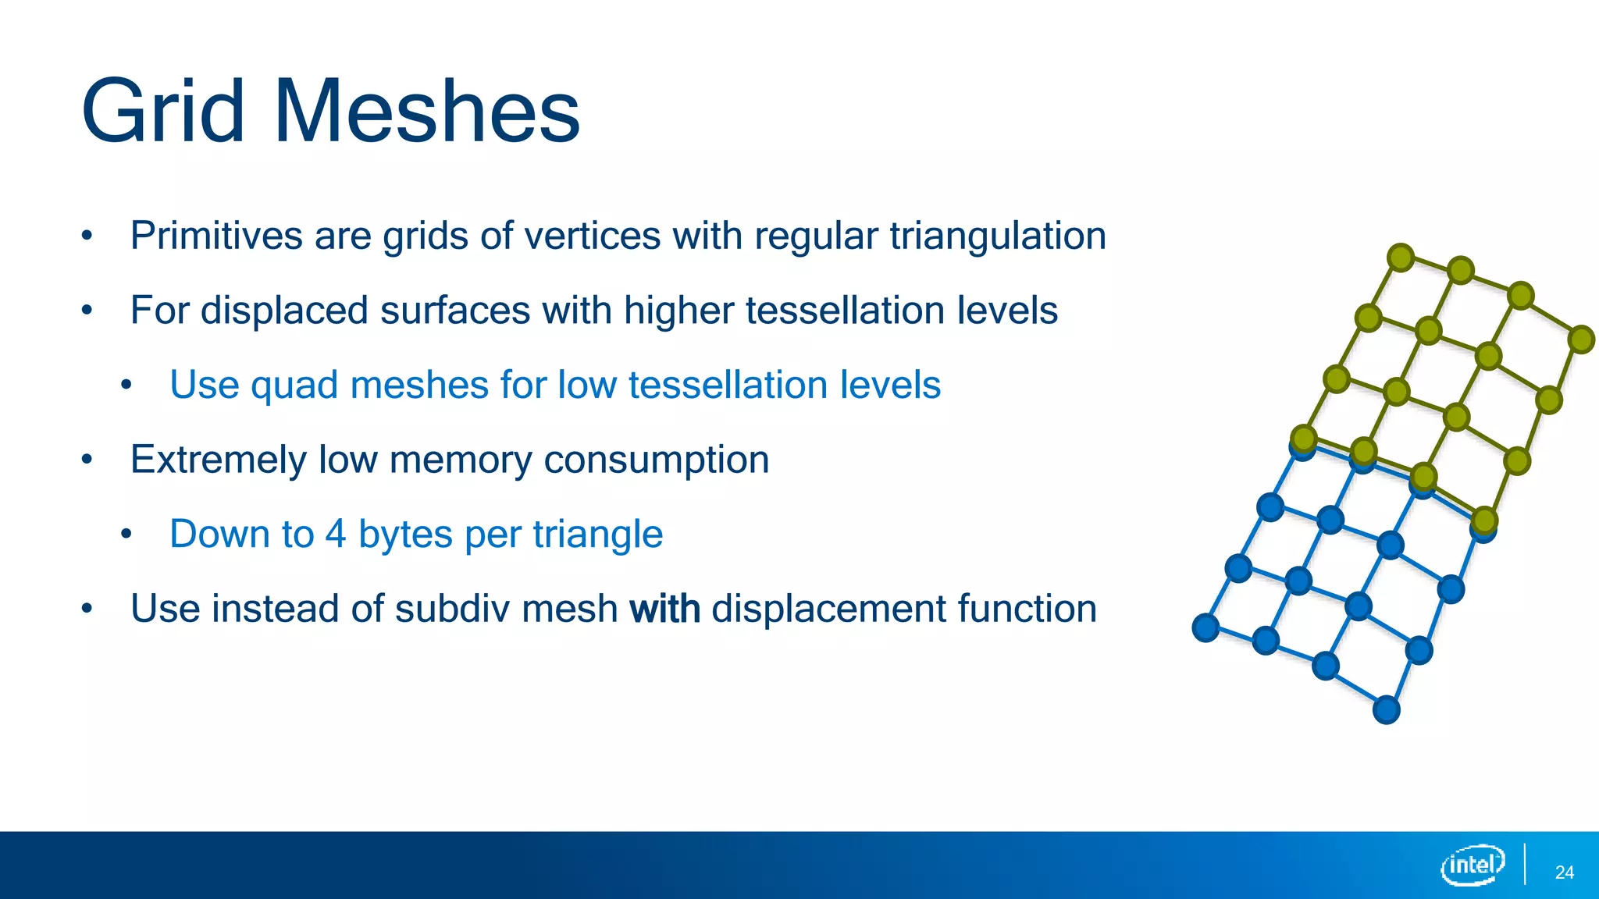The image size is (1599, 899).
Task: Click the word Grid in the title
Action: tap(163, 112)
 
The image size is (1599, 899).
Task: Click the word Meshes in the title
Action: tap(427, 112)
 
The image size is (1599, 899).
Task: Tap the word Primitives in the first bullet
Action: tap(216, 236)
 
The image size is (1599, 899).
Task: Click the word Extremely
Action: tap(218, 460)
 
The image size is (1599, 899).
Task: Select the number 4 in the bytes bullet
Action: tap(336, 535)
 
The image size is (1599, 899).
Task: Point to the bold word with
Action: tap(664, 609)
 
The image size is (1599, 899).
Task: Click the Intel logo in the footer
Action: tap(1473, 865)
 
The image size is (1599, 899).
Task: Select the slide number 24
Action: tap(1564, 872)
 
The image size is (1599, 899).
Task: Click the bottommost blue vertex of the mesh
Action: tap(1386, 710)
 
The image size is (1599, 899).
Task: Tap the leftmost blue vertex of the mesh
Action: tap(1205, 627)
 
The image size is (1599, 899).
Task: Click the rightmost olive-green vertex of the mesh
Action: tap(1581, 339)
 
